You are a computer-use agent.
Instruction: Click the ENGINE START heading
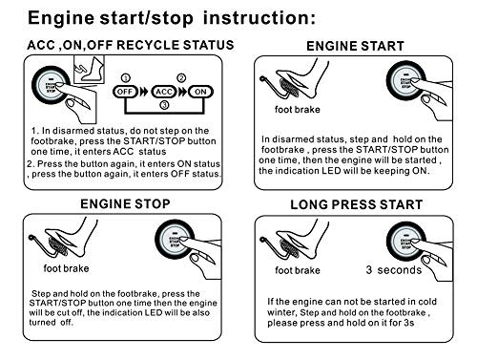pos(354,46)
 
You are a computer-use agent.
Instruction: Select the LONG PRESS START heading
pos(354,205)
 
